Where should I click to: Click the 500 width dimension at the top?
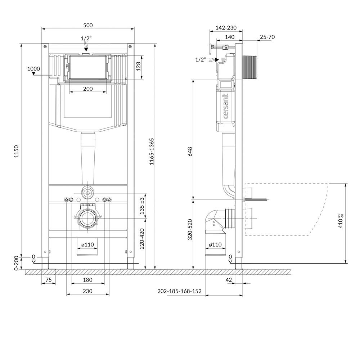(x=88, y=25)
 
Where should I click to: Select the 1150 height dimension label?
(x=16, y=151)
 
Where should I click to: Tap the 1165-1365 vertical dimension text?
(x=152, y=152)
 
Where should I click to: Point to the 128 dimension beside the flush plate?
(x=138, y=67)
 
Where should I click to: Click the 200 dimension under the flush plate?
(x=88, y=89)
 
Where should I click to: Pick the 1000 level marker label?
(x=33, y=69)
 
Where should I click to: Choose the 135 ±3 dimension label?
(x=142, y=206)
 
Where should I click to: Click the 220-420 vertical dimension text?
(x=142, y=239)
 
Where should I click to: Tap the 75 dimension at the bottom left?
(x=49, y=280)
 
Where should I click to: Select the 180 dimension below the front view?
(x=88, y=280)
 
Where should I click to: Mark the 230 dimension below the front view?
(x=88, y=291)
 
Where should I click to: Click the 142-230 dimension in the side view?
(x=226, y=28)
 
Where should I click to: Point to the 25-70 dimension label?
(x=267, y=37)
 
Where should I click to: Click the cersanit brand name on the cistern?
(x=226, y=106)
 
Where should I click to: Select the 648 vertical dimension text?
(x=190, y=152)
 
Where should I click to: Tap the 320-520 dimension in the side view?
(x=190, y=230)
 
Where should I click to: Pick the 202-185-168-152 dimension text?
(x=180, y=291)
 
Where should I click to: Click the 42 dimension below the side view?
(x=229, y=280)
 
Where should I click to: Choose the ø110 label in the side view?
(x=215, y=245)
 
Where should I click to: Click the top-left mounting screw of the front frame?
(x=45, y=46)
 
